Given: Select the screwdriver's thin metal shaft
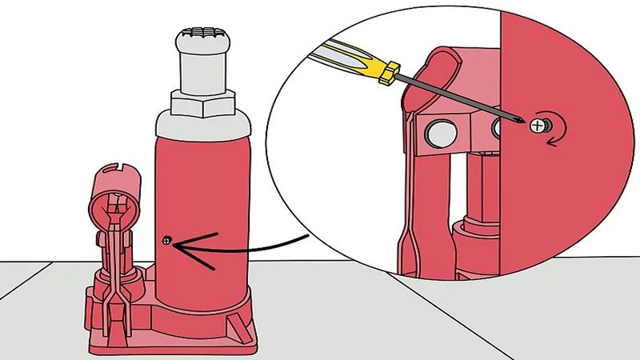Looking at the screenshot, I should (456, 97).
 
